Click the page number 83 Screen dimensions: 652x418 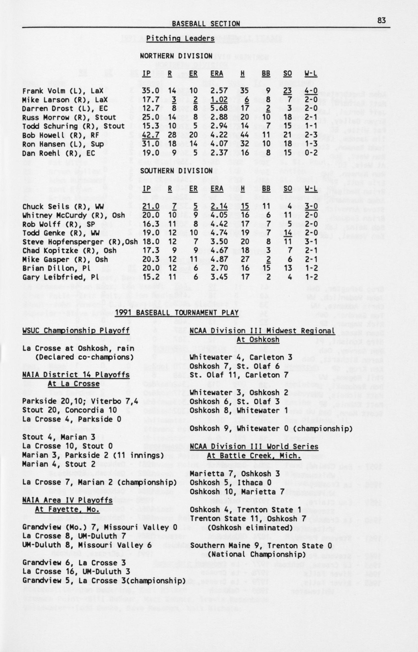pyautogui.click(x=381, y=20)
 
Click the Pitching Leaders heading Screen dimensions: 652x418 pyautogui.click(x=180, y=38)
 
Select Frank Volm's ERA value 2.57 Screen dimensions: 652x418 pyautogui.click(x=219, y=91)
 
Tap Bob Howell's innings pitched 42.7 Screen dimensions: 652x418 pyautogui.click(x=151, y=135)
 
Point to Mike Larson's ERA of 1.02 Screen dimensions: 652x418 pyautogui.click(x=219, y=100)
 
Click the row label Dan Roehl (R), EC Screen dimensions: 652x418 pyautogui.click(x=59, y=153)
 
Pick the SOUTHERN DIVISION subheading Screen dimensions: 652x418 pyautogui.click(x=176, y=171)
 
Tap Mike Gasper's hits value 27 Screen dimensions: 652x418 pyautogui.click(x=245, y=259)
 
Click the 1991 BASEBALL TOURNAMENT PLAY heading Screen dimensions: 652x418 pyautogui.click(x=176, y=313)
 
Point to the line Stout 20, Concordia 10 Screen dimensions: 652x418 pyautogui.click(x=70, y=410)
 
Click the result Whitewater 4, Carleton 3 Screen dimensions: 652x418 pyautogui.click(x=241, y=357)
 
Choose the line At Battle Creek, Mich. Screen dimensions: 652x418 pyautogui.click(x=254, y=456)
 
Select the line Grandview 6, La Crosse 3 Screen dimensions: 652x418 pyautogui.click(x=74, y=563)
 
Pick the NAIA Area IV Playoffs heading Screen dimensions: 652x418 pyautogui.click(x=67, y=500)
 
